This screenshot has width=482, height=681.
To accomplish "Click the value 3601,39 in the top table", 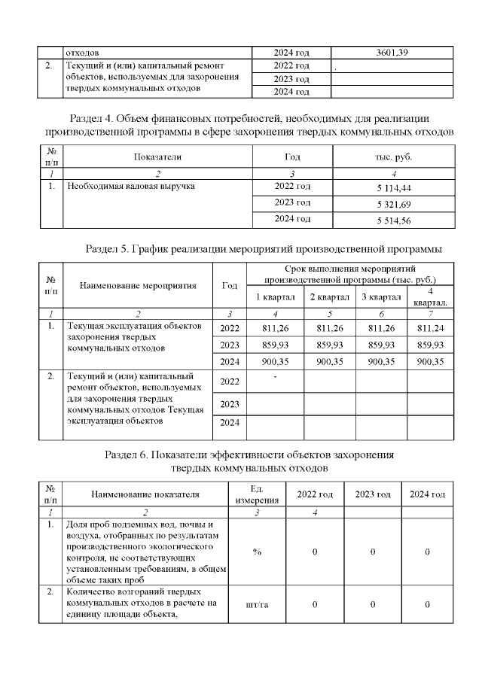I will click(392, 52).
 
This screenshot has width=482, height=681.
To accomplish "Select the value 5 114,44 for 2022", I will click(392, 187).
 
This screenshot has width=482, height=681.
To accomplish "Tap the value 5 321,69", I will click(392, 203).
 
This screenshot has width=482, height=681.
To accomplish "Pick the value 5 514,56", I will click(392, 220).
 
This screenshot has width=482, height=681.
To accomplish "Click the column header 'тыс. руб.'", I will click(392, 157).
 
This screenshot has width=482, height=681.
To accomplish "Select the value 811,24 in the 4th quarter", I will click(429, 327).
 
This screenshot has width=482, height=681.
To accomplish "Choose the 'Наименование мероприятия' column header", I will click(138, 285).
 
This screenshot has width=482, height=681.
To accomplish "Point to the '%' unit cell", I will click(257, 552).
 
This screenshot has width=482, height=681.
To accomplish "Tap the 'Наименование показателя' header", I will click(145, 494).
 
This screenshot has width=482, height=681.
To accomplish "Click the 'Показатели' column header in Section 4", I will click(157, 157).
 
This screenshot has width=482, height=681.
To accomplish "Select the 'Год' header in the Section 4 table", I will click(292, 157).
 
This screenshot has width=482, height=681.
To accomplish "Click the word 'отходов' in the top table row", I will click(83, 53).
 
